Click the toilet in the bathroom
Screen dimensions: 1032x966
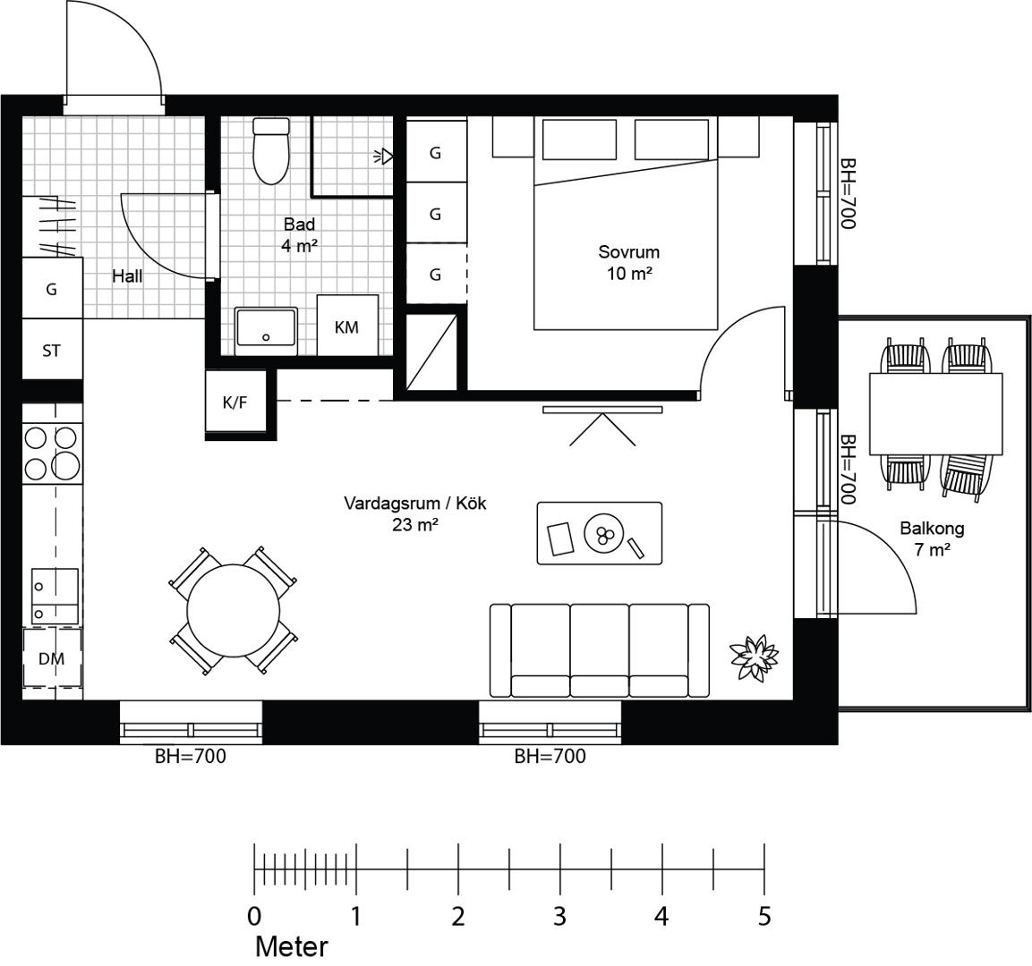271,150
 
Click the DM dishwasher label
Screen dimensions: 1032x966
51,658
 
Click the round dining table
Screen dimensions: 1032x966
234,610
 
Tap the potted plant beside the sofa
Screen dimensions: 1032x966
755,656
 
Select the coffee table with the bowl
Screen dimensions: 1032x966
600,533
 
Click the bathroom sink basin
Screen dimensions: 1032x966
266,326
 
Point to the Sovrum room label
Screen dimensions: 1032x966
628,252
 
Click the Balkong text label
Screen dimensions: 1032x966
932,528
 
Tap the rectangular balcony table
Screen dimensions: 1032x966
936,413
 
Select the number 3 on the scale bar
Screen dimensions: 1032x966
559,916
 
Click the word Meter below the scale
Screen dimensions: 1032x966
291,946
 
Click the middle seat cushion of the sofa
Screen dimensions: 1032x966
600,649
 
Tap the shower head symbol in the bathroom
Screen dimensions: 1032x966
383,157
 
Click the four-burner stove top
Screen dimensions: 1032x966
53,453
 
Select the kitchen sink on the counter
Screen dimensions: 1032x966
55,596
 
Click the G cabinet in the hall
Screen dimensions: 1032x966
53,288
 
